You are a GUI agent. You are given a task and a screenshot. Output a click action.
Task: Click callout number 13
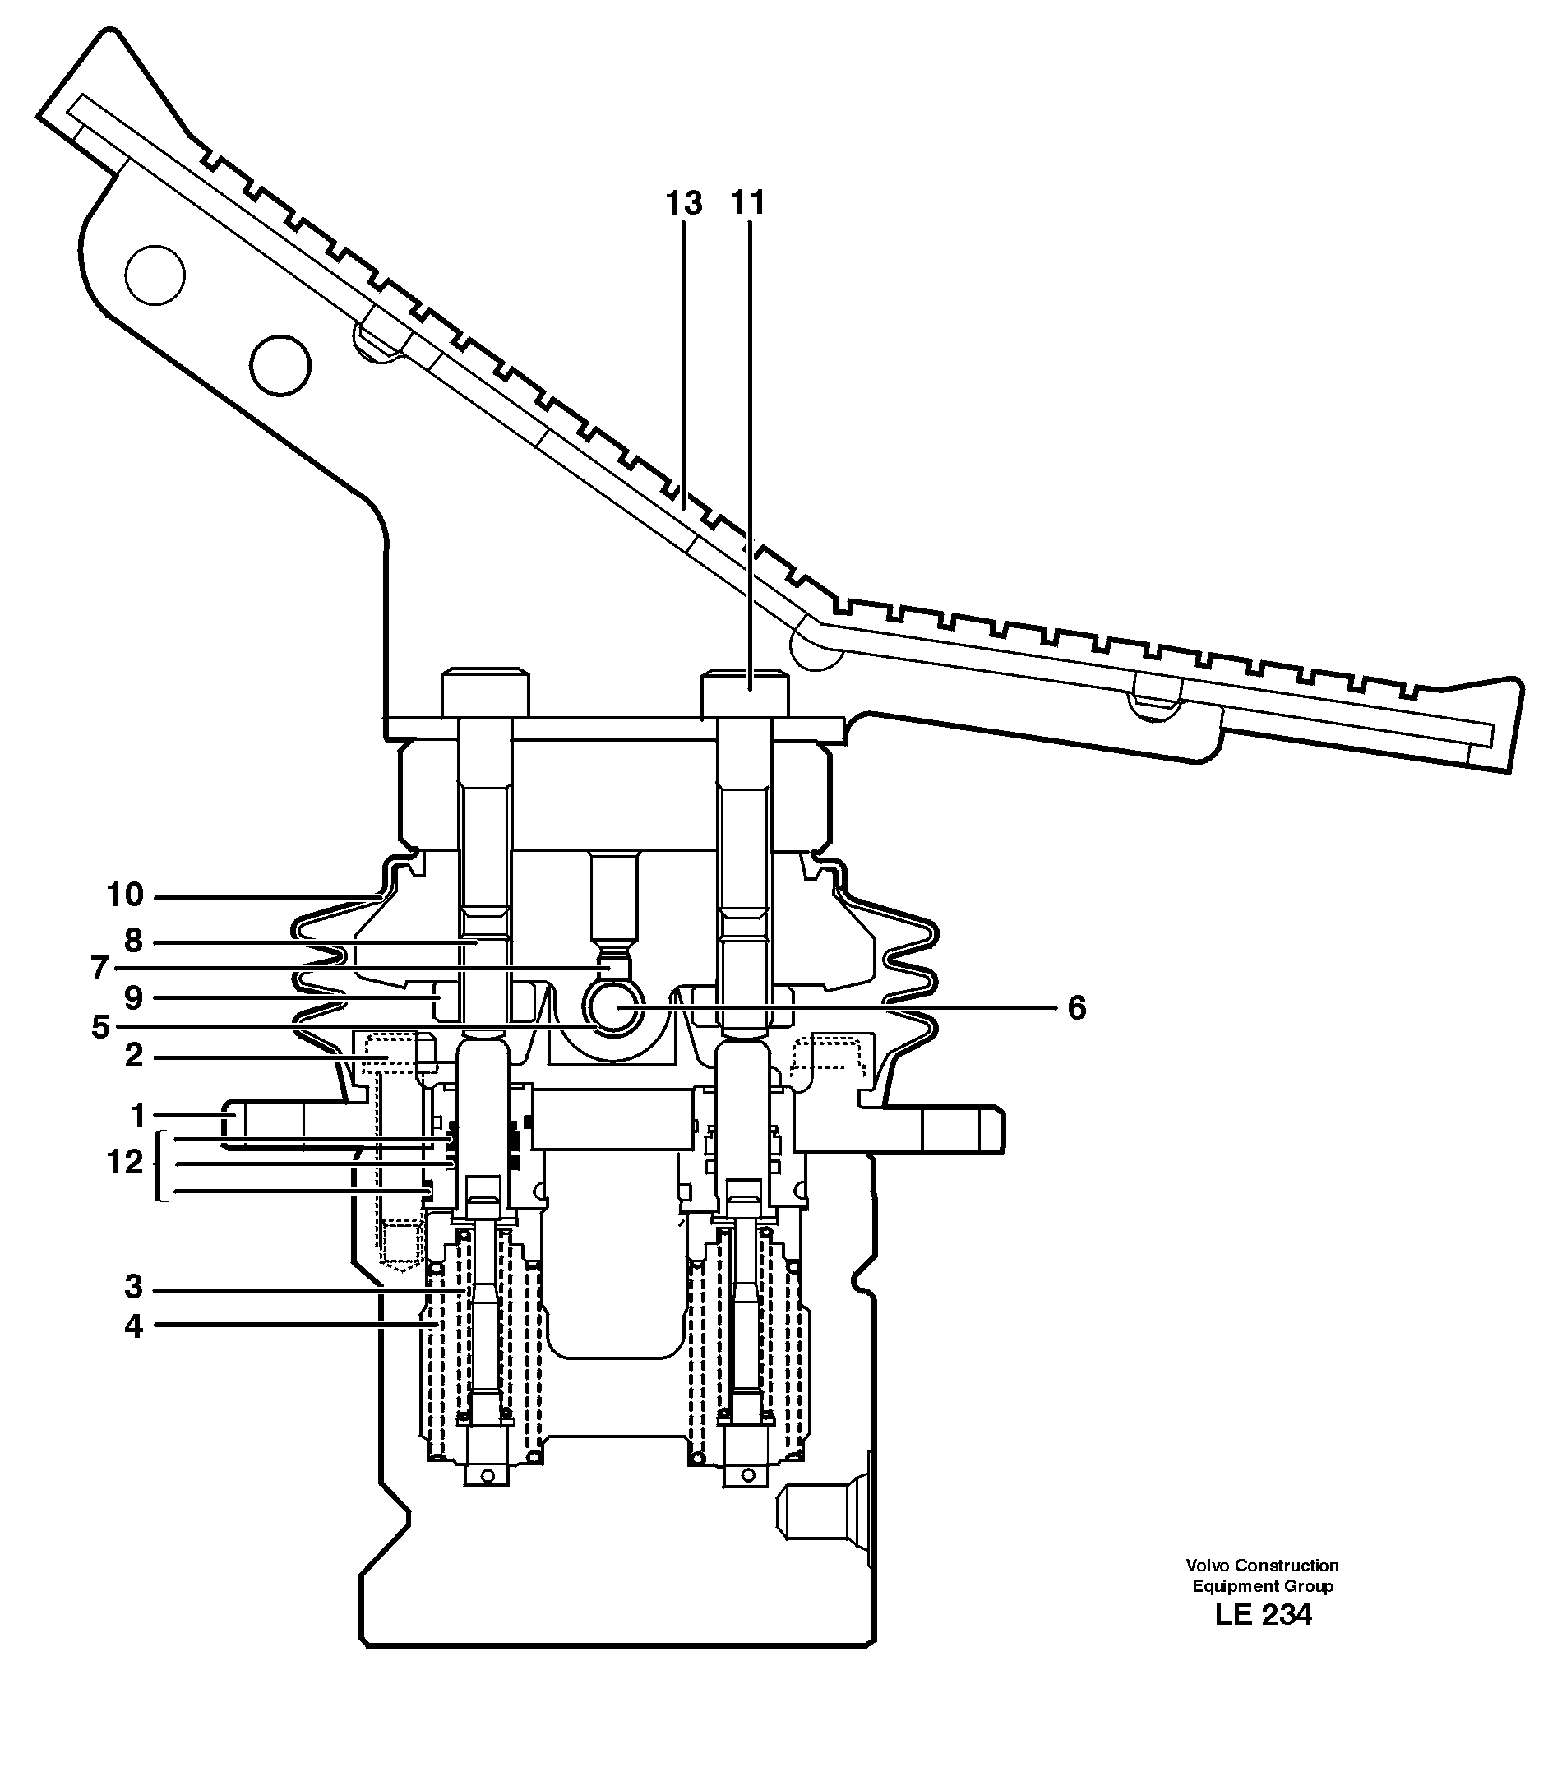coord(683,204)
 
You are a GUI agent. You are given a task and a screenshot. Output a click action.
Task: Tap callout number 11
coord(748,203)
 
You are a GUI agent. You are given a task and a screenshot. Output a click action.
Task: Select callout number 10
coord(125,895)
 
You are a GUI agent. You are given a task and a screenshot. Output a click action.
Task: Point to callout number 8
coord(133,941)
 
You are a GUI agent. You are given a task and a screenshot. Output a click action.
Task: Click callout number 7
coord(100,969)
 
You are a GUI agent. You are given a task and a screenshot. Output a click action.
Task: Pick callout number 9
coord(133,998)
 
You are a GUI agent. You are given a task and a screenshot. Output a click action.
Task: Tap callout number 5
coord(100,1028)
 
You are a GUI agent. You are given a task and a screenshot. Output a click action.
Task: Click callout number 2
coord(133,1056)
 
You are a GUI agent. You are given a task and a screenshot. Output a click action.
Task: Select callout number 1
coord(137,1117)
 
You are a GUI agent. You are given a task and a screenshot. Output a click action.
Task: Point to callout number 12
coord(125,1163)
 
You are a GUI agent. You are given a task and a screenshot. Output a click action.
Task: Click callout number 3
coord(133,1288)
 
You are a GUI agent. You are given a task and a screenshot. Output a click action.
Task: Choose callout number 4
coord(133,1326)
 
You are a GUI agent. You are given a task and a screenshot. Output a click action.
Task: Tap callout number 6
coord(1077,1008)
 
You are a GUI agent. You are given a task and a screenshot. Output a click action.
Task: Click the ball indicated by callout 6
coord(614,1007)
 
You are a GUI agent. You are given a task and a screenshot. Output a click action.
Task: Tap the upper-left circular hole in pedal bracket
coord(155,275)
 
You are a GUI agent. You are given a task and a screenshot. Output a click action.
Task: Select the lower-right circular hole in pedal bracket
coord(280,365)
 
